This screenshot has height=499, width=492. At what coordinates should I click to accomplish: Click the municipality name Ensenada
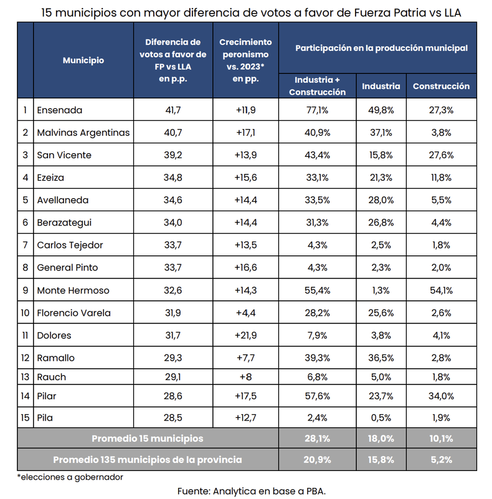60,110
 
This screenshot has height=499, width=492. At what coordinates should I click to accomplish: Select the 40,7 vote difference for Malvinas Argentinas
173,133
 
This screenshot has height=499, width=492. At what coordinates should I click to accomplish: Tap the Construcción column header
441,87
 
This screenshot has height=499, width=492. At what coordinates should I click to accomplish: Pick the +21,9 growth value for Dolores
245,335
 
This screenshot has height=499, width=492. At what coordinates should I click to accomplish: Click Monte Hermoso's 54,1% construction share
441,290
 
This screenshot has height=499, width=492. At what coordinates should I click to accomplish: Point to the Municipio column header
83,60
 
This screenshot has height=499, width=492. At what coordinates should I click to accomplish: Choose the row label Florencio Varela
73,313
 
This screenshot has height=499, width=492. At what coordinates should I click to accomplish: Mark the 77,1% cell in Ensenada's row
316,110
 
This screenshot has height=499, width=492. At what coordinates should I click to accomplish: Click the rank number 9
25,290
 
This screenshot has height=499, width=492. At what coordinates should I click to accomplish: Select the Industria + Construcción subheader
316,86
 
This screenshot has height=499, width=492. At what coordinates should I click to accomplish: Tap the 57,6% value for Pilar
316,396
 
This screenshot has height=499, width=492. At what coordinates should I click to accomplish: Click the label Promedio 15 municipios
147,439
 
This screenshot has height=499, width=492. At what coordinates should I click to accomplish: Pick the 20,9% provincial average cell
316,460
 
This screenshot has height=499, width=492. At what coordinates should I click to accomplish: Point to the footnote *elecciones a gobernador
70,477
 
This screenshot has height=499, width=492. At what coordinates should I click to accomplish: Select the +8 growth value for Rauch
245,377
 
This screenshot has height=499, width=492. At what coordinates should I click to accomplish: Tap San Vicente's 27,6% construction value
441,155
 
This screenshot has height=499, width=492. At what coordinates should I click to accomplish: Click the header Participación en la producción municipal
381,47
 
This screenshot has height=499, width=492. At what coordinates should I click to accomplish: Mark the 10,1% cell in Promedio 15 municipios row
441,439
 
